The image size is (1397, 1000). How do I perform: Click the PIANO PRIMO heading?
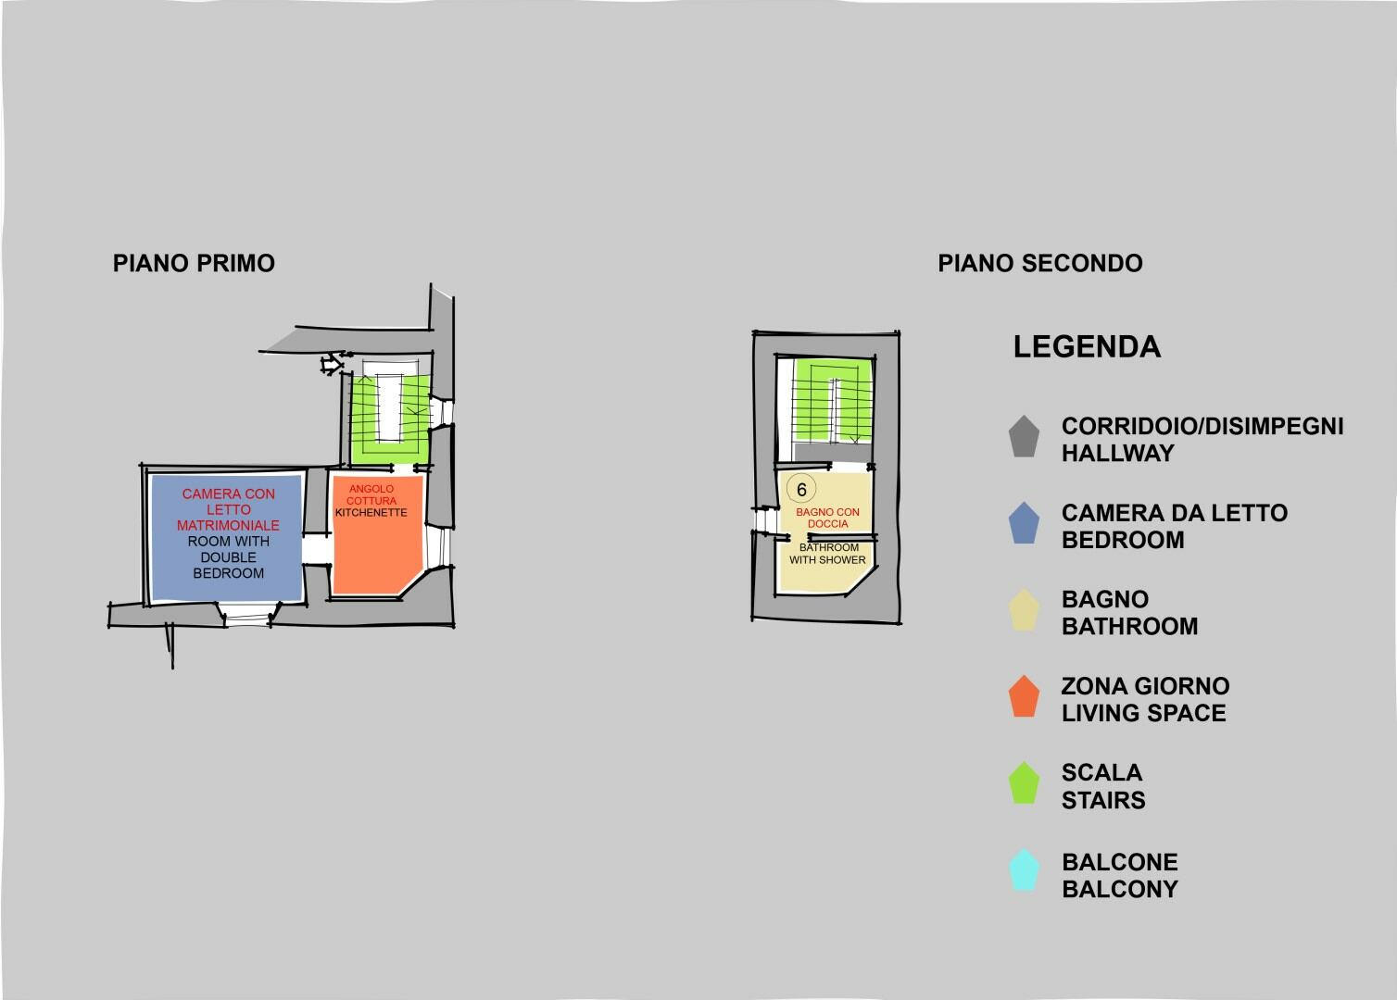pyautogui.click(x=194, y=263)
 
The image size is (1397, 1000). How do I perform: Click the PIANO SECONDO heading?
pyautogui.click(x=1040, y=263)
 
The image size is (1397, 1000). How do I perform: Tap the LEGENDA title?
pyautogui.click(x=1087, y=346)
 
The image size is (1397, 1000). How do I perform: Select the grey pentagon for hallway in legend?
pyautogui.click(x=1024, y=436)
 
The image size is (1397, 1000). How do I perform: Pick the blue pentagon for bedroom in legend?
pyautogui.click(x=1024, y=523)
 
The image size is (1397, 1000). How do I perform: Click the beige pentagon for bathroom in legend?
pyautogui.click(x=1024, y=610)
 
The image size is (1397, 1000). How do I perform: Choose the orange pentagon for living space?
pyautogui.click(x=1024, y=696)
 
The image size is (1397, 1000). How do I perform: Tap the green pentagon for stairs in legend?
pyautogui.click(x=1024, y=783)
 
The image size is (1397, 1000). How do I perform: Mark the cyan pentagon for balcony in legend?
pyautogui.click(x=1024, y=869)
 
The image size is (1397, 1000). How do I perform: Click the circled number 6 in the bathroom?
pyautogui.click(x=801, y=490)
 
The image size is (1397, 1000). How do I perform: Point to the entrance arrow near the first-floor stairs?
pyautogui.click(x=332, y=364)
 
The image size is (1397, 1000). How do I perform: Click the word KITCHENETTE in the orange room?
pyautogui.click(x=371, y=513)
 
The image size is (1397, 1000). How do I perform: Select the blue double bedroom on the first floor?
pyautogui.click(x=227, y=537)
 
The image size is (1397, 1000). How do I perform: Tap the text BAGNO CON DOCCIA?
pyautogui.click(x=827, y=519)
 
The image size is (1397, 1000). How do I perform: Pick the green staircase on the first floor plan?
pyautogui.click(x=390, y=419)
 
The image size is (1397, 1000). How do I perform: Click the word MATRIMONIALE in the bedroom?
pyautogui.click(x=228, y=526)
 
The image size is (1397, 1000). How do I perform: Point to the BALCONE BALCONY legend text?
pyautogui.click(x=1120, y=875)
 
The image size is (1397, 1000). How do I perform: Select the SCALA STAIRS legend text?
pyautogui.click(x=1103, y=786)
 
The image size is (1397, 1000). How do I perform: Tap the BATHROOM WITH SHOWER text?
pyautogui.click(x=827, y=554)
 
